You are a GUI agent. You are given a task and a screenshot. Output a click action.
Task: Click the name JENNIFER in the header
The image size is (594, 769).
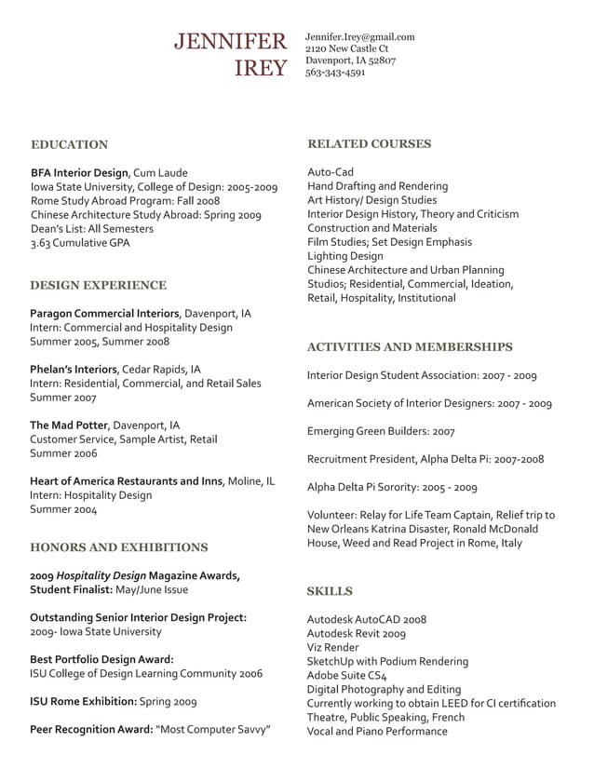[231, 41]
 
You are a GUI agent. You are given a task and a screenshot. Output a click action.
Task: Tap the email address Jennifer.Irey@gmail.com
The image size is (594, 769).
[359, 37]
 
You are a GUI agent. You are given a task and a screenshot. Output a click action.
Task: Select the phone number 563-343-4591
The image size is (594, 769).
[335, 73]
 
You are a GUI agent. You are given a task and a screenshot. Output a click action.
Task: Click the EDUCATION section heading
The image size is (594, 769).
[69, 144]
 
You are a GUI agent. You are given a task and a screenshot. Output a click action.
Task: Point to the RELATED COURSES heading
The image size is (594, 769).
[369, 143]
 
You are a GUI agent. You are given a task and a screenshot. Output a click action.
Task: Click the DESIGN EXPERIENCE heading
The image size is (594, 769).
[98, 285]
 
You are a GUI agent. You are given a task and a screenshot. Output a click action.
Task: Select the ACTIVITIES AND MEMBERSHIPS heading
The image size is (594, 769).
[410, 346]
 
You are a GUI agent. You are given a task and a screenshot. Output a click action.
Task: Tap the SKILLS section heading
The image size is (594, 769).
[330, 590]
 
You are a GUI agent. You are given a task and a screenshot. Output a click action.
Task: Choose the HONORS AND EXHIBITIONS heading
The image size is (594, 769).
[118, 546]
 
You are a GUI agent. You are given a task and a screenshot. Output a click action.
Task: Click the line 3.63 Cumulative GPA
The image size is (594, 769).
[80, 243]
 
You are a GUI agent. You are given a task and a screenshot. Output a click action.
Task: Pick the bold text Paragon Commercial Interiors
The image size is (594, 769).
[103, 314]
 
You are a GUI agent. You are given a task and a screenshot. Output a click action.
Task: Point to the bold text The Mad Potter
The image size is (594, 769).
[69, 425]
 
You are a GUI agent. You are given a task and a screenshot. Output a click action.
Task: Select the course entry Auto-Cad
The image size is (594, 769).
[331, 172]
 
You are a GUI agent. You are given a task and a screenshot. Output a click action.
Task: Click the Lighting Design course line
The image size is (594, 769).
[344, 256]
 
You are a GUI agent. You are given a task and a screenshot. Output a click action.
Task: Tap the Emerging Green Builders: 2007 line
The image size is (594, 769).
[381, 431]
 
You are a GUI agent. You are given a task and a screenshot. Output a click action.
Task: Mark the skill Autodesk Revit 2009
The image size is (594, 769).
[357, 633]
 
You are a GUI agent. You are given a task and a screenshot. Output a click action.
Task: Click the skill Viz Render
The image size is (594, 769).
[332, 647]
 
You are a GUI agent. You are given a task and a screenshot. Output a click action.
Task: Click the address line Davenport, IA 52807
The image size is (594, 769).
[351, 61]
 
